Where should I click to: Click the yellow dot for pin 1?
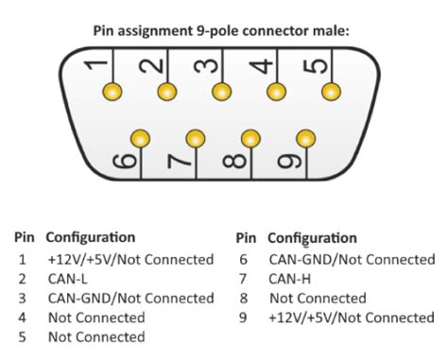pyautogui.click(x=113, y=92)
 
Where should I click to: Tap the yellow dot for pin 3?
pyautogui.click(x=222, y=92)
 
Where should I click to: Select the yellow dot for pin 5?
pyautogui.click(x=331, y=92)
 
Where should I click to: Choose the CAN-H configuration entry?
pyautogui.click(x=288, y=279)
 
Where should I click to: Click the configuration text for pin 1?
pyautogui.click(x=129, y=259)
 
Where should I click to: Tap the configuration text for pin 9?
pyautogui.click(x=352, y=317)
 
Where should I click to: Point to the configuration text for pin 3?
pyautogui.click(x=129, y=298)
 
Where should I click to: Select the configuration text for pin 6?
pyautogui.click(x=352, y=259)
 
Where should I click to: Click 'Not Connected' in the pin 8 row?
pyautogui.click(x=318, y=298)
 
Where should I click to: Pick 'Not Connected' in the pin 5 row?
pyautogui.click(x=95, y=337)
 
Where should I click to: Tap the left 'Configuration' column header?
pyautogui.click(x=90, y=237)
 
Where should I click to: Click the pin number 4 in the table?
pyautogui.click(x=21, y=317)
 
